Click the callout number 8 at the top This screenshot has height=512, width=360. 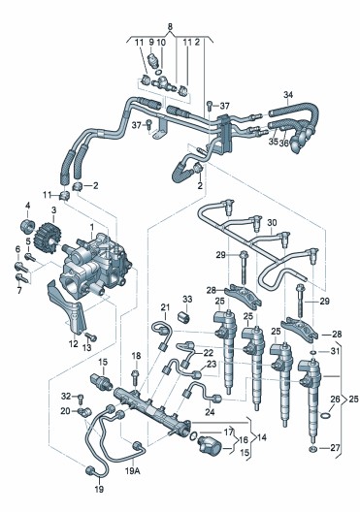(x=170, y=27)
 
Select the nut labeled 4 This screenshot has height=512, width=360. (x=27, y=226)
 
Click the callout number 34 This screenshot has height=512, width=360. (x=288, y=95)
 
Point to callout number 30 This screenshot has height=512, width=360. (x=272, y=223)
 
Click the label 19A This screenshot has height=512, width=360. (x=133, y=471)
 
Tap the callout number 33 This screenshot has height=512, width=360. (x=187, y=300)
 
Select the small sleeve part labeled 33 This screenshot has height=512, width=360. (x=184, y=317)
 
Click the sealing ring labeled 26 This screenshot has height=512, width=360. (x=325, y=416)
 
